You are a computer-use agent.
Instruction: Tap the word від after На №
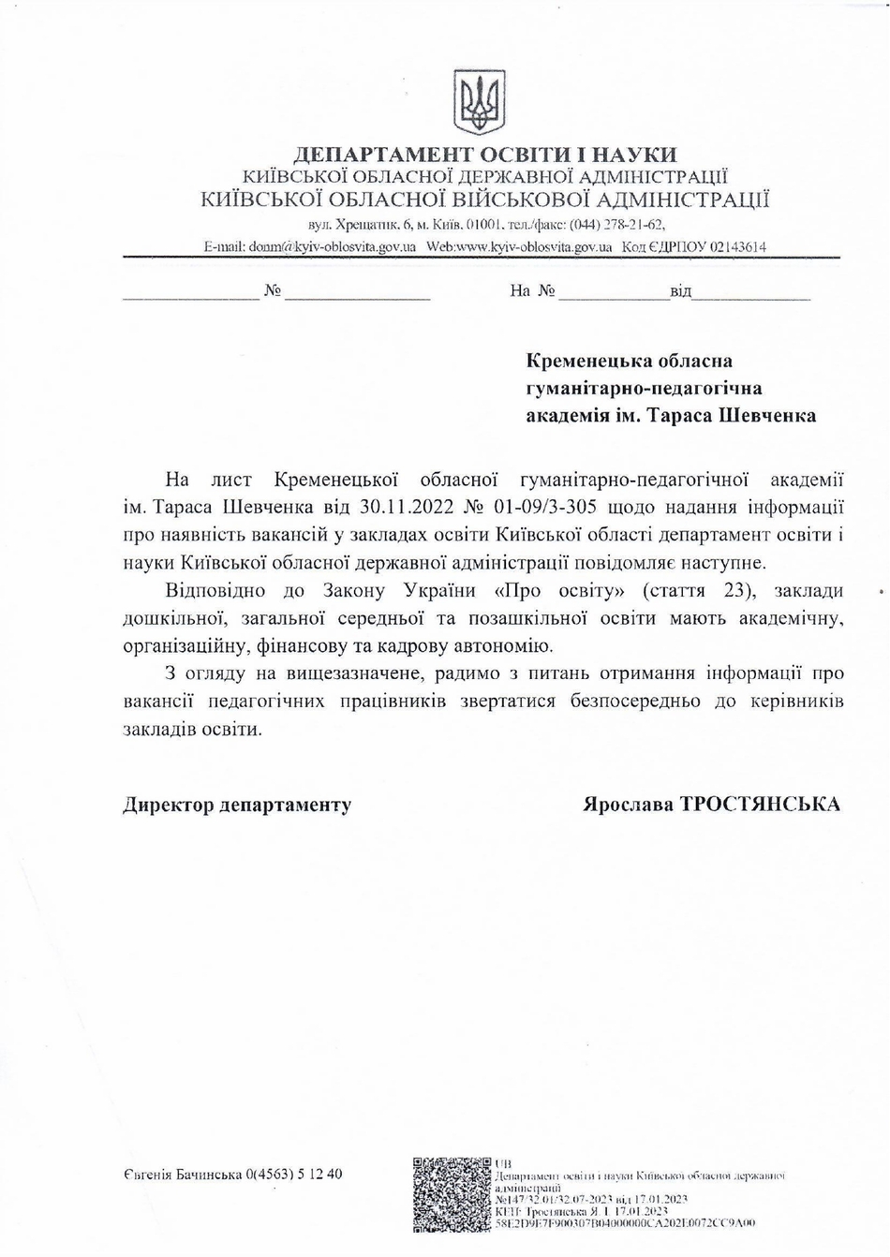pyautogui.click(x=680, y=291)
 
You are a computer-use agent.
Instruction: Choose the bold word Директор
pyautogui.click(x=168, y=805)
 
